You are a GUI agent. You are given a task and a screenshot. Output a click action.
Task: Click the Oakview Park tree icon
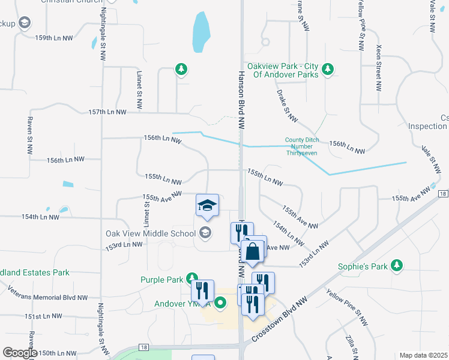(328, 70)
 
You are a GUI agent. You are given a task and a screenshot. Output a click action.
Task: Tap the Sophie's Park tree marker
(396, 265)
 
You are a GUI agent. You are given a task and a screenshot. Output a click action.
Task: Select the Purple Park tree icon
(191, 278)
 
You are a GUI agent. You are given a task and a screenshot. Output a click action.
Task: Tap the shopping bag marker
(253, 252)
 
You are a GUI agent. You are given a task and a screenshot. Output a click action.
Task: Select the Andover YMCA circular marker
(220, 303)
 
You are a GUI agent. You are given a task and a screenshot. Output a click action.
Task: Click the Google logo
(20, 353)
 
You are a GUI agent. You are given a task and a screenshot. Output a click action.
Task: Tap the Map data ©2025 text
(423, 355)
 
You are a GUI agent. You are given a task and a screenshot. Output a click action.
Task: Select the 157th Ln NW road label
(107, 112)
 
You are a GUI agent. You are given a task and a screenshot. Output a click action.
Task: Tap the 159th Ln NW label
(54, 37)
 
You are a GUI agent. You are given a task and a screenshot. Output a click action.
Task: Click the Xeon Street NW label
(379, 67)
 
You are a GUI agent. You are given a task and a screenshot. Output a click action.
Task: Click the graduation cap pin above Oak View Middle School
(206, 206)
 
